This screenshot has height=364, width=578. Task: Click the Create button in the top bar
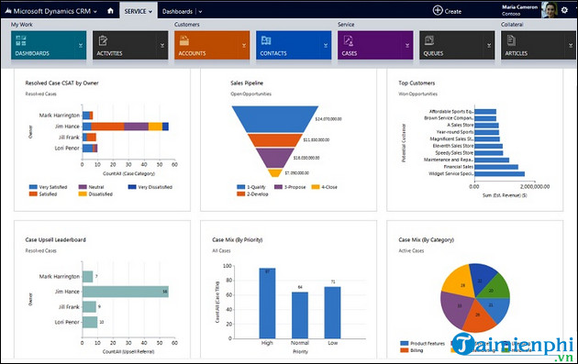point(447,10)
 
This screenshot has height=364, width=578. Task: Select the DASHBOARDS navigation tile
point(48,45)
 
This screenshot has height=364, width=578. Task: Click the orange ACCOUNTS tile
point(211,45)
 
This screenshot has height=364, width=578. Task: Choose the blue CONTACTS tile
point(294,45)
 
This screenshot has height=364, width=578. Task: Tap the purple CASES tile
point(375,45)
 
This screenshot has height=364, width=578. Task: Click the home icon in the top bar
point(111,10)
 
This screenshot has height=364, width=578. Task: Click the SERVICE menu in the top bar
point(138,10)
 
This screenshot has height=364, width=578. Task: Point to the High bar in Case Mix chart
point(268,302)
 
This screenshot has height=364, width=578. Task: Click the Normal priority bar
point(299,313)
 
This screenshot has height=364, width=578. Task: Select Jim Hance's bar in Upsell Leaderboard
point(125,292)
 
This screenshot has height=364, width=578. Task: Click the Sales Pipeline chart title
point(249,83)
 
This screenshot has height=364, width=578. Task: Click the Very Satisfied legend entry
point(53,186)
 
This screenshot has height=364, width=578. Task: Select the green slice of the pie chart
point(495,283)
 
